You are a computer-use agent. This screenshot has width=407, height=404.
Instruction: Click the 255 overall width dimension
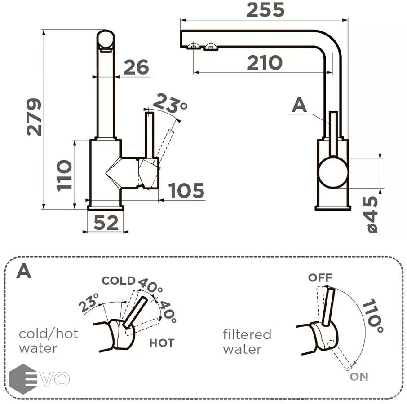[265, 9]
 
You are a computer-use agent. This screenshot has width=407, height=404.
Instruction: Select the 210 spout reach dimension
[264, 63]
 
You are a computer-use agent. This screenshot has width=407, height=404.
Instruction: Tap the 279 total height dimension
[34, 117]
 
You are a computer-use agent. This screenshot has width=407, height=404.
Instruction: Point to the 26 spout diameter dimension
[136, 67]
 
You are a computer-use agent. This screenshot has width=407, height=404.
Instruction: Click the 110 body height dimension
[64, 175]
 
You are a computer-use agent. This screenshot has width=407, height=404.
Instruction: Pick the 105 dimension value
[186, 191]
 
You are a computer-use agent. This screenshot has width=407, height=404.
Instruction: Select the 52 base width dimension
[106, 222]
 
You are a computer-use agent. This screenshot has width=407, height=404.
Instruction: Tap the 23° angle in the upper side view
[170, 105]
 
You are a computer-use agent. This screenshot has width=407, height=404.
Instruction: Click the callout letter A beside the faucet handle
[299, 105]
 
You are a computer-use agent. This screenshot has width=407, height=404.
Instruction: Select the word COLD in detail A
[119, 281]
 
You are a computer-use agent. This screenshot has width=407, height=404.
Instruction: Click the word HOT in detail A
[162, 343]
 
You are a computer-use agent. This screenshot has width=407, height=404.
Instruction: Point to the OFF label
[320, 278]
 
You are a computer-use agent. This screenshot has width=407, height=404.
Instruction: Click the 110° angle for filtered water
[373, 316]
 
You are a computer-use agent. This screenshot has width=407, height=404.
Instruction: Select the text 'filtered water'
[247, 342]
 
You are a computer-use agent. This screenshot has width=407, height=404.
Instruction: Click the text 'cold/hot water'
[48, 341]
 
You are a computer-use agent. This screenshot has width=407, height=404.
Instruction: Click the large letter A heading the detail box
[24, 271]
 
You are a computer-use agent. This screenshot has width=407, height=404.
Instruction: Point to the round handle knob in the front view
[333, 172]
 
